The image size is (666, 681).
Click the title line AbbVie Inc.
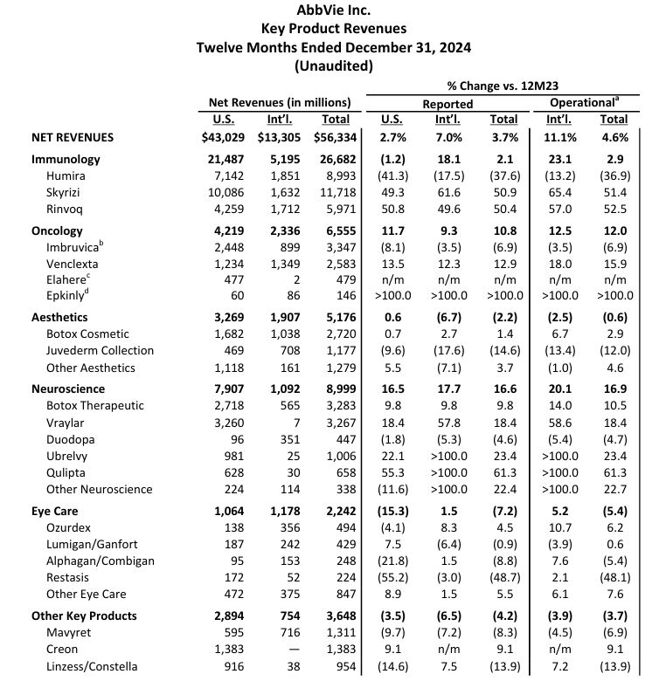(x=333, y=10)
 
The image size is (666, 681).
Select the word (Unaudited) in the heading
(x=333, y=65)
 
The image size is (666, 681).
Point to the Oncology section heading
(x=57, y=230)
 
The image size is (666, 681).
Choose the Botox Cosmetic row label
(x=88, y=334)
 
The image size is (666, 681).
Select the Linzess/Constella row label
(x=92, y=666)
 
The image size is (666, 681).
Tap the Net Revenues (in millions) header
(x=280, y=102)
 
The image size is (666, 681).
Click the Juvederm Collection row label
(x=100, y=350)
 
